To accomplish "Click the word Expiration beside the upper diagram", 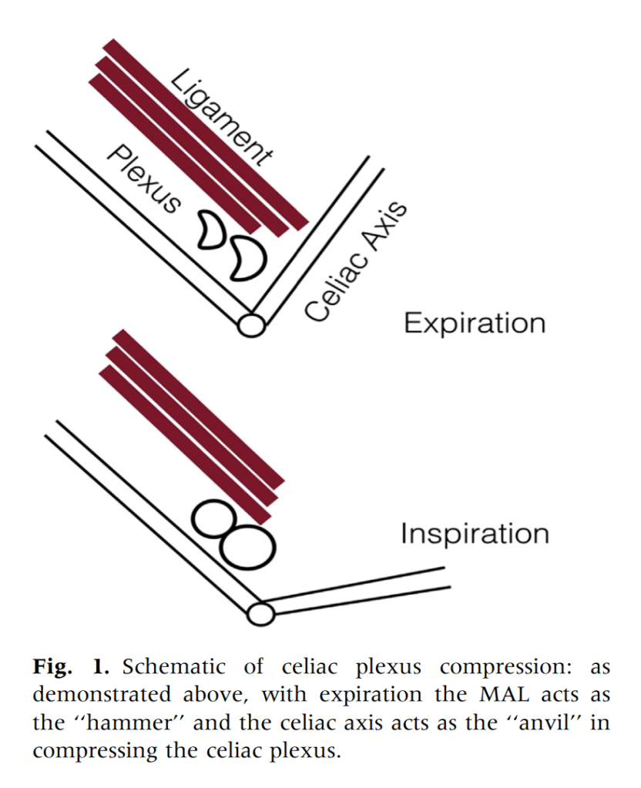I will [475, 323].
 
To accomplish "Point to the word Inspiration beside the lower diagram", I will [475, 533].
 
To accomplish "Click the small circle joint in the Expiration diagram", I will [250, 324].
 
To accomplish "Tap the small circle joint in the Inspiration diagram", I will [260, 614].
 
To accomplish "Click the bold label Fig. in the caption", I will [52, 668].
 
